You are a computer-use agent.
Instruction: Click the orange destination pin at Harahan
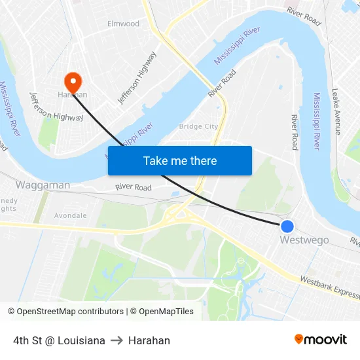point(72,82)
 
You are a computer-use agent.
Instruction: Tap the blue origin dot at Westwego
point(287,226)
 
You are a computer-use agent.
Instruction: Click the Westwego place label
point(304,240)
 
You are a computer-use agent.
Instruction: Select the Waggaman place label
point(43,185)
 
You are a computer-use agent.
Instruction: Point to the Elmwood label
point(123,24)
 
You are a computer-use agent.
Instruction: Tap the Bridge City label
point(198,126)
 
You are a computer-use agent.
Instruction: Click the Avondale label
point(71,215)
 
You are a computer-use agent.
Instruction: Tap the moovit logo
point(321,339)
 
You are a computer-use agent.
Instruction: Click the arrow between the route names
point(117,340)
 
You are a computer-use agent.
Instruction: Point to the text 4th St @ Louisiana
point(59,340)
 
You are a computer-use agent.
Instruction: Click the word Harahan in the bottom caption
point(149,340)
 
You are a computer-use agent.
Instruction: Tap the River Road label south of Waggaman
point(134,188)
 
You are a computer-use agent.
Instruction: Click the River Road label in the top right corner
point(304,16)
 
